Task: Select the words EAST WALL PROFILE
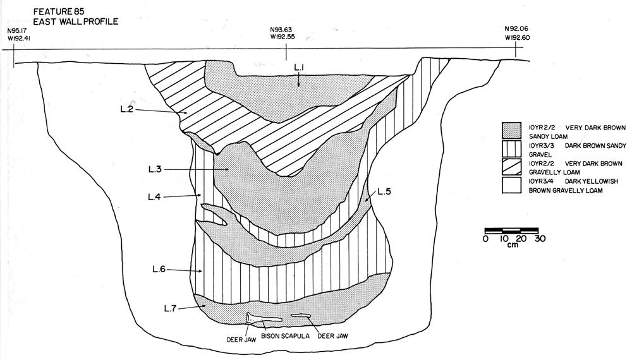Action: point(76,21)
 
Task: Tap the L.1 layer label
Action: point(299,69)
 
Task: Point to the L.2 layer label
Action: point(127,109)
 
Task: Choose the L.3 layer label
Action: point(155,169)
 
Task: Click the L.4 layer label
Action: point(154,197)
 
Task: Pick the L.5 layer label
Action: point(384,191)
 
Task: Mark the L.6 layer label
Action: point(159,270)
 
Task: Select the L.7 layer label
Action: point(171,308)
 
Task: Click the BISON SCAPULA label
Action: point(286,336)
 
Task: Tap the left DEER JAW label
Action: point(241,340)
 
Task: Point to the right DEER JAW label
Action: point(332,336)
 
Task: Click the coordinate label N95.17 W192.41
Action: point(19,34)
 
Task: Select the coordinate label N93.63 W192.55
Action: point(283,33)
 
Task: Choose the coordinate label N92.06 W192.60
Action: point(517,33)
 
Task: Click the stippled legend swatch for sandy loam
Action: point(511,131)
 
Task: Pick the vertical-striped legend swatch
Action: point(511,148)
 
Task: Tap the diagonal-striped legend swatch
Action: point(511,167)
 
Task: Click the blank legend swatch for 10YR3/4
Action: point(511,185)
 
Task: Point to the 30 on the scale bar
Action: point(540,238)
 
